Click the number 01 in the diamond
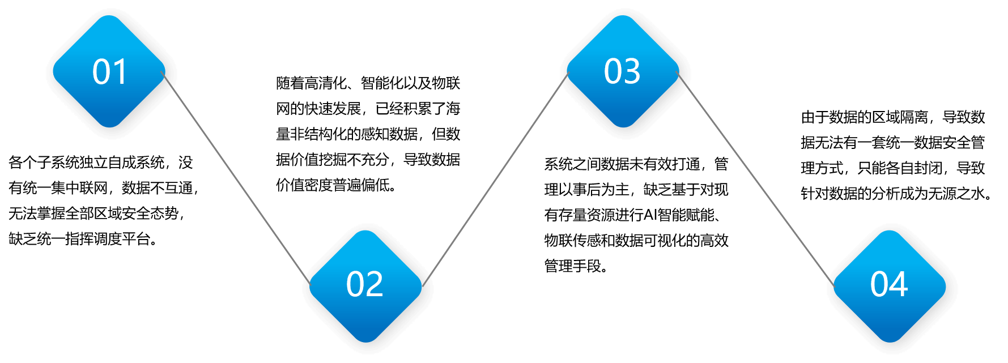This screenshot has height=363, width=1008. pos(109,72)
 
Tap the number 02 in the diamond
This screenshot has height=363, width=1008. pos(365,284)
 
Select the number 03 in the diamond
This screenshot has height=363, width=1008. pos(622,71)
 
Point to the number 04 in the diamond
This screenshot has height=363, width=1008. pos(889,284)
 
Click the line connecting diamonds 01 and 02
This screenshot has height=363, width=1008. pos(236,178)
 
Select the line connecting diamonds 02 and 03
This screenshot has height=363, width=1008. pos(495,180)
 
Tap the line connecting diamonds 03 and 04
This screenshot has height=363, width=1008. pos(756,179)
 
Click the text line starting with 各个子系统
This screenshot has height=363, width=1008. pos(101,163)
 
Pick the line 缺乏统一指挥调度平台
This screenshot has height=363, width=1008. pos(83,239)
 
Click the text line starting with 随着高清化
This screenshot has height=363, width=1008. pos(368,83)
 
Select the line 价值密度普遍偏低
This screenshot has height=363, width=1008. pos(336,185)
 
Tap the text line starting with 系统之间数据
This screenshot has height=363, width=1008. pos(636,164)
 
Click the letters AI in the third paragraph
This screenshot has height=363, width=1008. pos(650,215)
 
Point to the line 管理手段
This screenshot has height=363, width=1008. pos(576,266)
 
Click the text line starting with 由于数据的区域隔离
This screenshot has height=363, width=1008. pos(893,117)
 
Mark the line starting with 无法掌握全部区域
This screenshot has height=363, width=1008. pos(96,213)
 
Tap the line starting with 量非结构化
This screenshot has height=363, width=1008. pos(368,134)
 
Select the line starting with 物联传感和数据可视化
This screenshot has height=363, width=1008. pos(636,241)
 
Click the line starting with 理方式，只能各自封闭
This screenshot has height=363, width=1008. pos(893,168)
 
